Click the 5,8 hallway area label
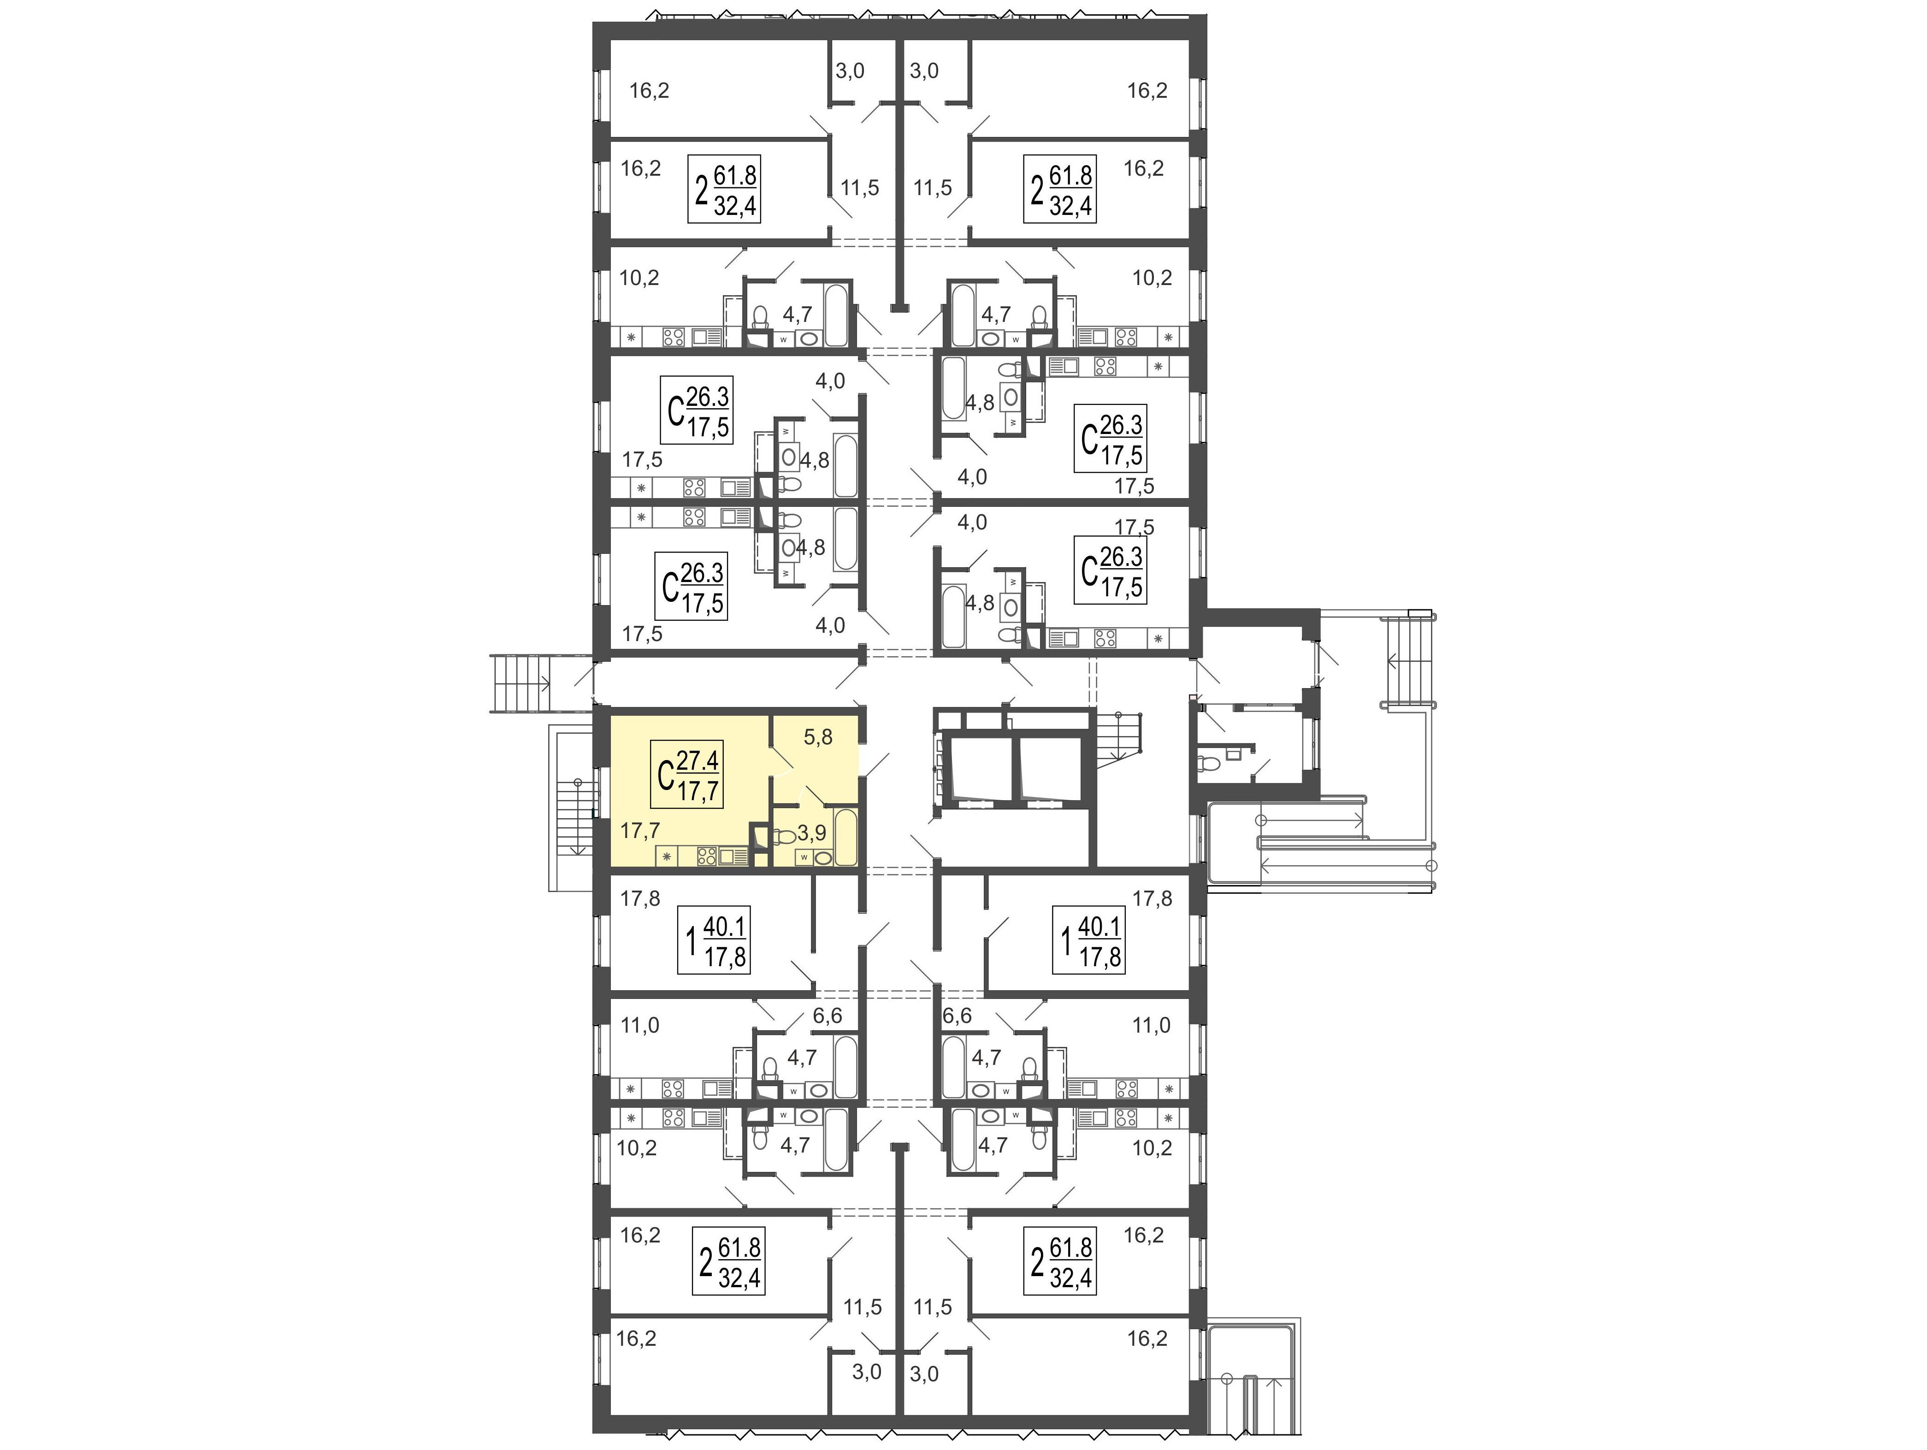coord(817,737)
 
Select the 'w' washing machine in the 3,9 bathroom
coord(803,857)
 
